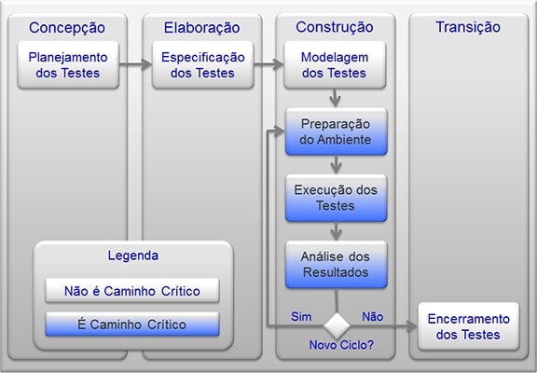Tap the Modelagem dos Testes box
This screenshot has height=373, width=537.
[334, 64]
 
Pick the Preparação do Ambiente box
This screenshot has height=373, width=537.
[335, 131]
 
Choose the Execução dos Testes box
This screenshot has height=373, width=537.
[335, 198]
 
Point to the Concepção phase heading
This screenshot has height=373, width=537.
[67, 27]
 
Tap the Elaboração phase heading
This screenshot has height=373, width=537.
[200, 27]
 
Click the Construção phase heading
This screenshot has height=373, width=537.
[334, 27]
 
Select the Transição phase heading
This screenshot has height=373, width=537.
[467, 27]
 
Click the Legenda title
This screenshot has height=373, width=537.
[133, 255]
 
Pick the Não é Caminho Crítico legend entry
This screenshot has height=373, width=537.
[131, 290]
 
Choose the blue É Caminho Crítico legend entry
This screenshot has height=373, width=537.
[131, 325]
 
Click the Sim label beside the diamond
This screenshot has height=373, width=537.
[301, 316]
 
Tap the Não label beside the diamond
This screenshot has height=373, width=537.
[372, 316]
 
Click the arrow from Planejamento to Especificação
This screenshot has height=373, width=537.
[136, 64]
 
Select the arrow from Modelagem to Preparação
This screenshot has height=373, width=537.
[335, 97]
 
